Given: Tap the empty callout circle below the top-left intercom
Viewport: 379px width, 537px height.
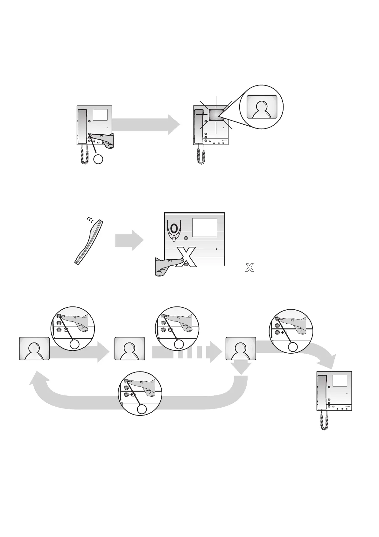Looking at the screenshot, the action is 98,159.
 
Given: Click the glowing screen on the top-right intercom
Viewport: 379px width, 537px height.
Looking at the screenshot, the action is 216,115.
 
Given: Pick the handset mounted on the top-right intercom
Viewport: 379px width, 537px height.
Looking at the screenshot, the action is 199,126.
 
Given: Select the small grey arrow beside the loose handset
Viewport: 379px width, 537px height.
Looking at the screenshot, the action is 129,240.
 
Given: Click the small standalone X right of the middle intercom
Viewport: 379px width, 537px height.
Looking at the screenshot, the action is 249,268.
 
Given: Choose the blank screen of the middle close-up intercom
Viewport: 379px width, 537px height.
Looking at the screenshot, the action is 205,227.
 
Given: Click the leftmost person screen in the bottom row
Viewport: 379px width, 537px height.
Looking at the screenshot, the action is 34,349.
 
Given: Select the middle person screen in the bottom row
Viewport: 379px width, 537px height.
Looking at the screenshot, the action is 129,349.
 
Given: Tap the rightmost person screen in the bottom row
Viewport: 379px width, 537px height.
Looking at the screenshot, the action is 241,349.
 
